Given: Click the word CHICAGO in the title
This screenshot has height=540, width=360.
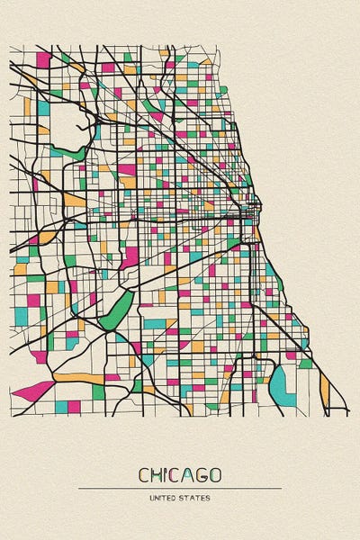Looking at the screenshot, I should point(180,474).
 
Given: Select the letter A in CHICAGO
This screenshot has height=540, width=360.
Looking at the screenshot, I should point(192,474).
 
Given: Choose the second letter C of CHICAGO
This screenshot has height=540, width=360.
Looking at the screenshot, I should point(179,474).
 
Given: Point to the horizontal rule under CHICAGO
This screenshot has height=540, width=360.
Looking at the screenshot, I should point(180,488).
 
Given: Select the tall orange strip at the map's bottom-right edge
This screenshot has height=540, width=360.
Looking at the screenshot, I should point(324,387).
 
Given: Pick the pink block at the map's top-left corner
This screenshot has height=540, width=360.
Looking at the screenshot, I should point(42,60).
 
